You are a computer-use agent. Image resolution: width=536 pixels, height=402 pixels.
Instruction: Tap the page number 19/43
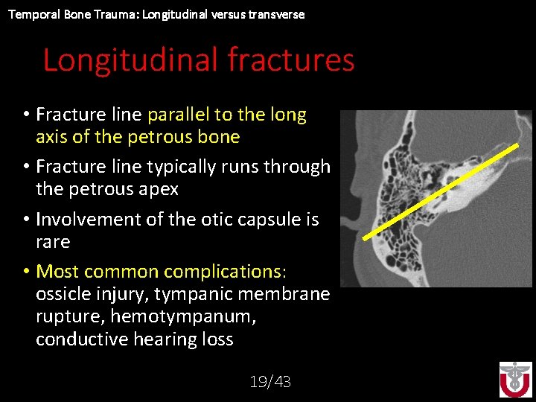tap(270, 382)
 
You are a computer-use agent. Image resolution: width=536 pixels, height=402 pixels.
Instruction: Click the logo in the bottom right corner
tap(515, 379)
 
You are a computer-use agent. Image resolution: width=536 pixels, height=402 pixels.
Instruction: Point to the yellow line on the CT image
tap(440, 191)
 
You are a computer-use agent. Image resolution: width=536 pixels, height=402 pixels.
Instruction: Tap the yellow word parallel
tap(179, 115)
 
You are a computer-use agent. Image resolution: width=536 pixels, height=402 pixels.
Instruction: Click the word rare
tap(53, 242)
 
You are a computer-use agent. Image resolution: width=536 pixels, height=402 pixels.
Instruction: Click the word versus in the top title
tap(229, 14)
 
